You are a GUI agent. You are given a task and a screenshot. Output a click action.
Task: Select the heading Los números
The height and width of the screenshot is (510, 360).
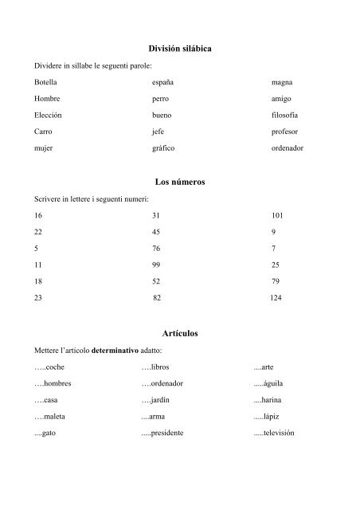point(181,182)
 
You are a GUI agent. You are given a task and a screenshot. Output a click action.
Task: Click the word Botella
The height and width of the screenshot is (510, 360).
point(45,82)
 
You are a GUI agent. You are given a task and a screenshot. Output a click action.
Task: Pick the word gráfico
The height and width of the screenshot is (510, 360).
point(163,148)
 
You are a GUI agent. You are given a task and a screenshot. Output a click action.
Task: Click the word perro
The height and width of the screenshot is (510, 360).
point(160,99)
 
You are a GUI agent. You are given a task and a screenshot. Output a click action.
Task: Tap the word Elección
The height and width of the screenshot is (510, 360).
point(48,115)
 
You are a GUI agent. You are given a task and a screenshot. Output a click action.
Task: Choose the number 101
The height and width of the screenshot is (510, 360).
point(276,215)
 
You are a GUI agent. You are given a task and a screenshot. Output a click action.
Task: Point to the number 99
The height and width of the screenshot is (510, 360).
point(156,265)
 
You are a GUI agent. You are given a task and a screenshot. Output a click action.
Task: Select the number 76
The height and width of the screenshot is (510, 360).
point(156,248)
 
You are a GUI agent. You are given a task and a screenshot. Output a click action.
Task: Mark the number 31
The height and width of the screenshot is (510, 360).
point(156,215)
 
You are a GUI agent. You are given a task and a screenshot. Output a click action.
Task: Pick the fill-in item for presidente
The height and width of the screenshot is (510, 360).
point(162,433)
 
